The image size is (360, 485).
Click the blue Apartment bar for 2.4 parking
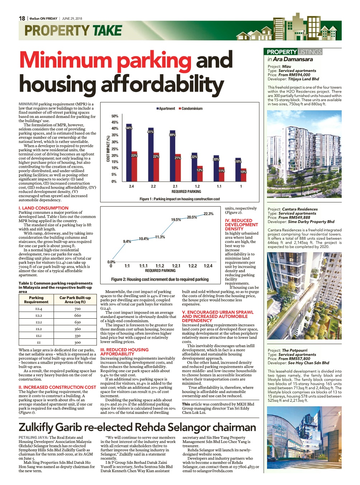[129, 152]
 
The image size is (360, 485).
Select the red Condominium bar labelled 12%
[200, 174]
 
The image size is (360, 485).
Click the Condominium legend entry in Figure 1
[191, 108]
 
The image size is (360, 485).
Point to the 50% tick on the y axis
[115, 116]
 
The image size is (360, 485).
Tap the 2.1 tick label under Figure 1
[175, 186]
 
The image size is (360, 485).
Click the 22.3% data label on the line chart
[209, 214]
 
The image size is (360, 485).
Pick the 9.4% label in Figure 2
[127, 241]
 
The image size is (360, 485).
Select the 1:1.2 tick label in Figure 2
[160, 266]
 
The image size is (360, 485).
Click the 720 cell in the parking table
[78, 309]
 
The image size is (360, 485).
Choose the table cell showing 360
[78, 329]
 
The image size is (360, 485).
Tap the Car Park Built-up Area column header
[75, 300]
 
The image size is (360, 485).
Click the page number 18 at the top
[22, 18]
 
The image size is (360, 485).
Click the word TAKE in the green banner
[107, 31]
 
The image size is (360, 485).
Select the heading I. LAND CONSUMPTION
[43, 208]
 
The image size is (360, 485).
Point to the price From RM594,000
[294, 75]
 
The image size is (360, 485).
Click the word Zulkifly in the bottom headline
[35, 428]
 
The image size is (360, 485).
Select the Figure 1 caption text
[179, 199]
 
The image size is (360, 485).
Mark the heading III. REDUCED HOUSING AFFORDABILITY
[124, 352]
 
